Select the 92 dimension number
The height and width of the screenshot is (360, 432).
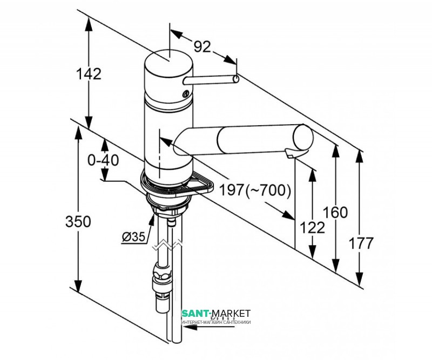point(201,47)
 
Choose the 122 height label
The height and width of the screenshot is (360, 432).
point(312,227)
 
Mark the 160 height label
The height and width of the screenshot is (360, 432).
point(336,212)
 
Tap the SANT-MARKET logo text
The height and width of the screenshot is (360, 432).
point(215,314)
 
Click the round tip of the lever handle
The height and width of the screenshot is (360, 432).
point(236,79)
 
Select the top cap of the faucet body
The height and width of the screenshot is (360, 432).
point(168,60)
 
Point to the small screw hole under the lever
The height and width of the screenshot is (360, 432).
point(186,96)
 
